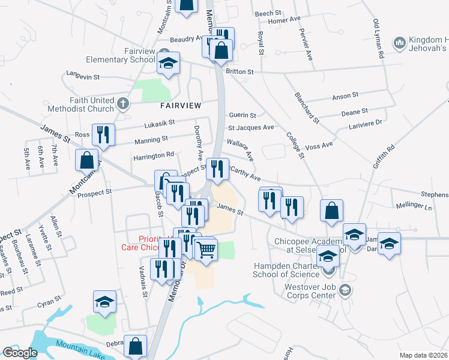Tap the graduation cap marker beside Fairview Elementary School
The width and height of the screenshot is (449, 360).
coord(169,62)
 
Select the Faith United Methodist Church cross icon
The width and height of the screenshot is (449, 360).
coord(122,104)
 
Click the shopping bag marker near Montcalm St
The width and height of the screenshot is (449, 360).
coord(87,160)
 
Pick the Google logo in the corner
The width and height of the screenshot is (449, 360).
coord(20,353)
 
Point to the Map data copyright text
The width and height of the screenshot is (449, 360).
coord(424,355)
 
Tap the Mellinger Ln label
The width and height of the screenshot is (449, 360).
coord(414,206)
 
